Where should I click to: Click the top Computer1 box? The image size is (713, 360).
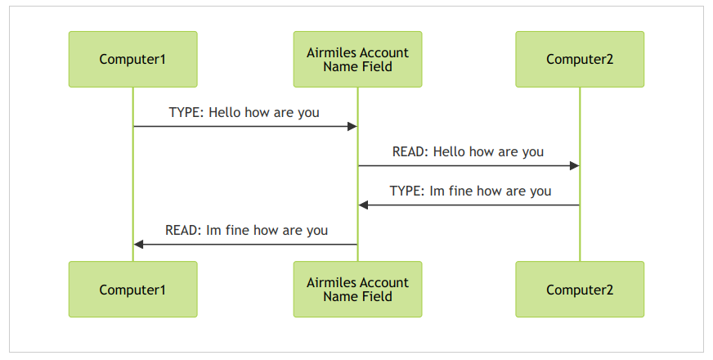pyautogui.click(x=132, y=59)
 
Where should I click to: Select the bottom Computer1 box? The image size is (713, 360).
pyautogui.click(x=132, y=289)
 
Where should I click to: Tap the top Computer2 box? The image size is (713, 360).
pyautogui.click(x=580, y=59)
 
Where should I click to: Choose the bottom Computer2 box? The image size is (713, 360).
pyautogui.click(x=580, y=289)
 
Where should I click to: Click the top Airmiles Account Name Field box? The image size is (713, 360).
pyautogui.click(x=357, y=59)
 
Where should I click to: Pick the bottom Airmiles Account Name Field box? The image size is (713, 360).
pyautogui.click(x=357, y=289)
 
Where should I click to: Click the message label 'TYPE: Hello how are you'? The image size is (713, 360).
pyautogui.click(x=244, y=112)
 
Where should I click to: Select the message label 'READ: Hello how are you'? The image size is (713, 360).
pyautogui.click(x=468, y=151)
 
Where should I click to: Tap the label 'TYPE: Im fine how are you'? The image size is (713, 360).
pyautogui.click(x=470, y=191)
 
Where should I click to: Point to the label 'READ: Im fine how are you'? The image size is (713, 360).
pyautogui.click(x=246, y=230)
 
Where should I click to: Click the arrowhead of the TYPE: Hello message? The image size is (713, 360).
pyautogui.click(x=352, y=127)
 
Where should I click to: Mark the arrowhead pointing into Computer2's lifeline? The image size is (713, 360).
pyautogui.click(x=574, y=165)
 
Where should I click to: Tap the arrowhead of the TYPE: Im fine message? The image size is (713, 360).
pyautogui.click(x=363, y=205)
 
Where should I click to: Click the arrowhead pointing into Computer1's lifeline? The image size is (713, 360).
pyautogui.click(x=139, y=245)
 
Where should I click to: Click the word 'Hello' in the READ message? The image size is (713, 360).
pyautogui.click(x=449, y=151)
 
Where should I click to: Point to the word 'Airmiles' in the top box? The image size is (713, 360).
pyautogui.click(x=329, y=53)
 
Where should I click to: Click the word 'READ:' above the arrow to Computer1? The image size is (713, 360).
pyautogui.click(x=183, y=230)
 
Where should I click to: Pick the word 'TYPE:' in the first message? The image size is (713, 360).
pyautogui.click(x=187, y=112)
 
